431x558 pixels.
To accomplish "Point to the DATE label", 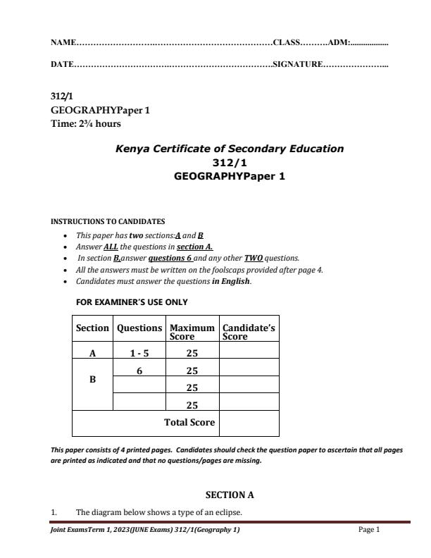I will click(62, 65).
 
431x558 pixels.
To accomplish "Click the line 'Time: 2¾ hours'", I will click(86, 124).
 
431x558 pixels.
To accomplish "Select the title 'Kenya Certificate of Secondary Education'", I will click(229, 149).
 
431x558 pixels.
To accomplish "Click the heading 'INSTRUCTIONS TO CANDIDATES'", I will click(108, 221).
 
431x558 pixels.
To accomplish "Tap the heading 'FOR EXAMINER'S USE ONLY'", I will click(132, 302).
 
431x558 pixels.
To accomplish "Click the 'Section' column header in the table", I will click(92, 328).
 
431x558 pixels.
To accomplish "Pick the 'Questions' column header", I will click(139, 328).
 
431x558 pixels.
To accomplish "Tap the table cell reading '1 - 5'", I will click(139, 354).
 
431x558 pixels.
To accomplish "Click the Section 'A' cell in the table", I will click(92, 354).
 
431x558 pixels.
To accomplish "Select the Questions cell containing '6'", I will click(139, 371).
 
